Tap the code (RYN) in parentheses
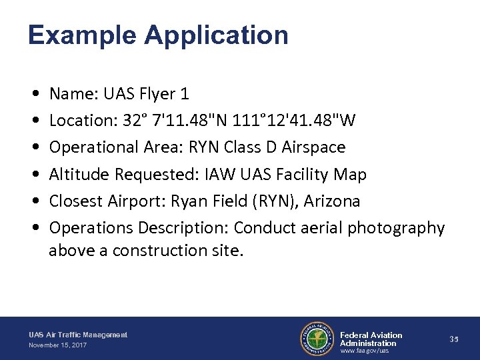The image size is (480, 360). coord(284,201)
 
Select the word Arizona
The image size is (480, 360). coord(333,201)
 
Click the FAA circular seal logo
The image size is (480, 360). coord(317,339)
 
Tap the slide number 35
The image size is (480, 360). coord(454,339)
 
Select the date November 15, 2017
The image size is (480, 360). coord(57,345)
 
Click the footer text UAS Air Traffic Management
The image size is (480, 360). coord(78,335)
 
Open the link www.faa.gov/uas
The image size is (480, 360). coord(364,351)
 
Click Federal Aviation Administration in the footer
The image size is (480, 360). coord(371,339)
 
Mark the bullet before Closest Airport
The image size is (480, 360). coord(34,201)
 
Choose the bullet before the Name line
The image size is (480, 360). coord(34,94)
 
